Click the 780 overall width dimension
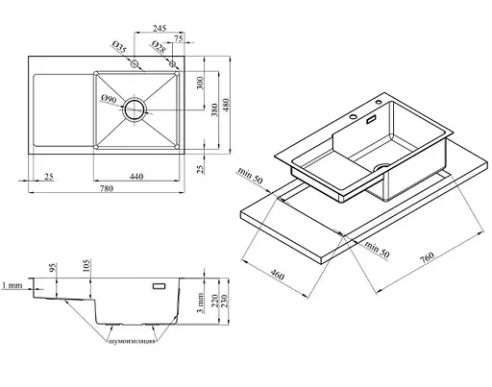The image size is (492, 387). tap(107, 188)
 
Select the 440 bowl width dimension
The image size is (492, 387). tap(136, 177)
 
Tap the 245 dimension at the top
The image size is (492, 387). tap(160, 28)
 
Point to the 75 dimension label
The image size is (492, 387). tap(179, 38)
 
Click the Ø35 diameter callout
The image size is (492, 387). tap(119, 47)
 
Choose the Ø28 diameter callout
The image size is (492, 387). tap(159, 47)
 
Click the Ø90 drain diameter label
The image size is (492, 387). tap(109, 99)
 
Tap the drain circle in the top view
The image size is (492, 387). tap(135, 109)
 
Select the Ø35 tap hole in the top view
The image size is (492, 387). tap(135, 63)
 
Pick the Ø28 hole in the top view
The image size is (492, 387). tap(173, 63)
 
